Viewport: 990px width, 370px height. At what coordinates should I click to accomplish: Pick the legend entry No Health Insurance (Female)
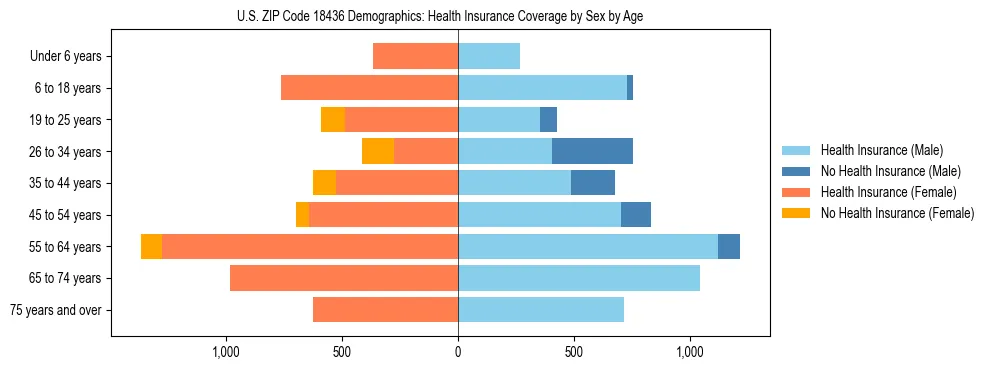click(x=897, y=213)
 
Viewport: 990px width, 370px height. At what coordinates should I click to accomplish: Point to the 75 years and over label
click(x=56, y=310)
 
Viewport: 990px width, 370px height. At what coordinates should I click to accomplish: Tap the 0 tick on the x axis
click(x=458, y=352)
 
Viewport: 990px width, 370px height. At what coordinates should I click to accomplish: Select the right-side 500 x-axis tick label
click(x=574, y=352)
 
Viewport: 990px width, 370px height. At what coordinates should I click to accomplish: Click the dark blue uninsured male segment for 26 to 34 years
click(x=592, y=151)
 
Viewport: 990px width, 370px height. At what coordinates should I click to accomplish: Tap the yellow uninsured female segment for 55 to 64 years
click(x=151, y=246)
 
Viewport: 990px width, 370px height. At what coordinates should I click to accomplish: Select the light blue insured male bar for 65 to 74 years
click(x=579, y=278)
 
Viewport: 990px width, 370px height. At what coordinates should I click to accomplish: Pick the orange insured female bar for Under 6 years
click(x=415, y=56)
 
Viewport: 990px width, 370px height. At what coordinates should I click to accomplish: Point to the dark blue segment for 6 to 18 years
click(x=630, y=88)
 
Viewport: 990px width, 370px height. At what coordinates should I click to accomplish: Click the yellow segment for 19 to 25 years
click(x=333, y=120)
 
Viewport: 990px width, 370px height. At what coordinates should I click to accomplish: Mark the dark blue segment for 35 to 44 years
click(x=593, y=183)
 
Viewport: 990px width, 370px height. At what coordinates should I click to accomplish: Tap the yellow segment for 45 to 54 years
click(x=302, y=215)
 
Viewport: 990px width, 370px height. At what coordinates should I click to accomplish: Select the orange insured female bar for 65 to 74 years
click(x=344, y=278)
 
